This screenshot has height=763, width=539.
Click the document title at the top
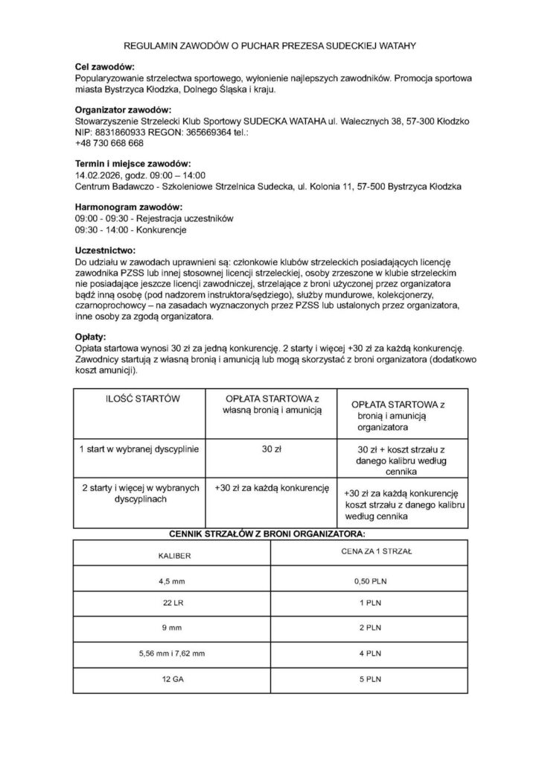(269, 46)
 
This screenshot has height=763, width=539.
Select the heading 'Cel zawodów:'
(105, 67)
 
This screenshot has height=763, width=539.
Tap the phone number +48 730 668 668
(109, 143)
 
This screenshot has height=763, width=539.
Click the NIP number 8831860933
(118, 132)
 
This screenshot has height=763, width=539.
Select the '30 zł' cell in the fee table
(271, 449)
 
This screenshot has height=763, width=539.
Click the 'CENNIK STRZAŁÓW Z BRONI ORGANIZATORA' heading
(269, 534)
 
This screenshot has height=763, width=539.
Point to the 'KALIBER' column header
(172, 556)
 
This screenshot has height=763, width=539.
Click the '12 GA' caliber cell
(172, 679)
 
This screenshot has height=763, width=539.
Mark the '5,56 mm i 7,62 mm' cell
(172, 653)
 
